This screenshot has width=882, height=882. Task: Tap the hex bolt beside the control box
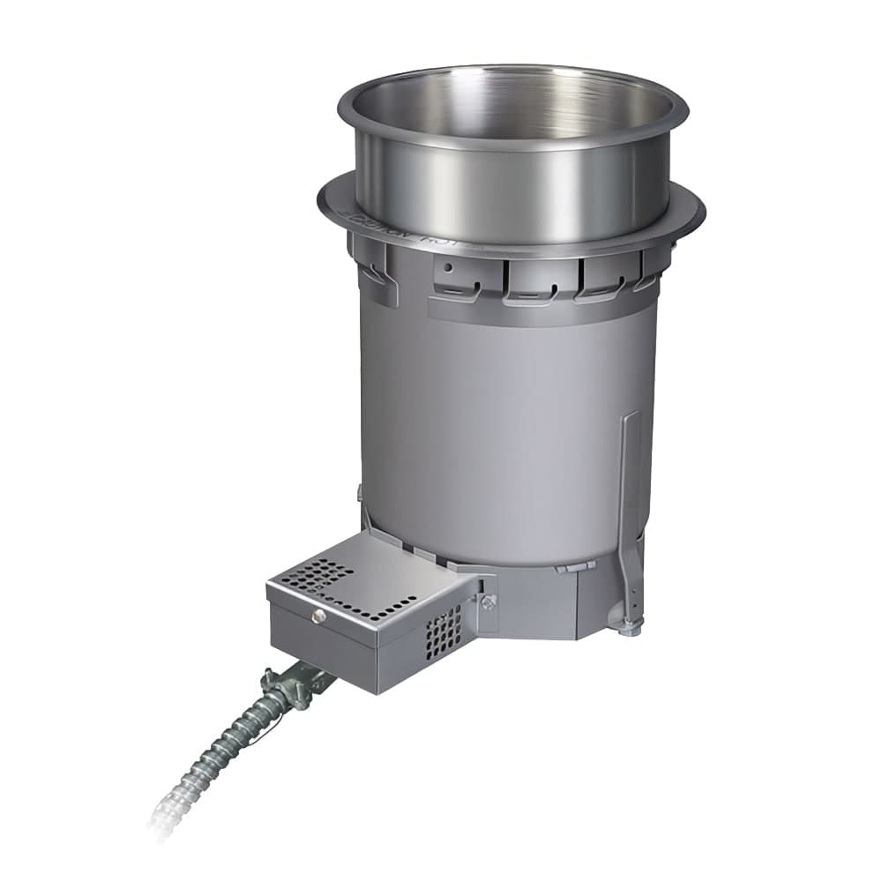coord(488,602)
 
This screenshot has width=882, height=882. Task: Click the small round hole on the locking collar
coord(449,267)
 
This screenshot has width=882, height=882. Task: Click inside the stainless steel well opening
coord(512,115)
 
